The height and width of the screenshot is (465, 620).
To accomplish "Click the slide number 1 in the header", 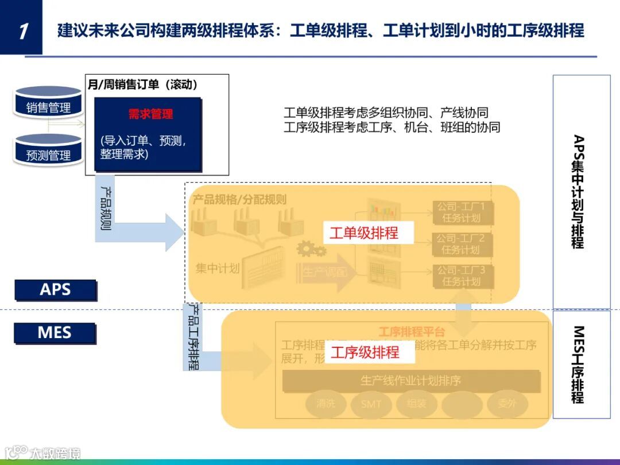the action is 22,30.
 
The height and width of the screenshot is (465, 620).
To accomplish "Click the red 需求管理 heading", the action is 150,114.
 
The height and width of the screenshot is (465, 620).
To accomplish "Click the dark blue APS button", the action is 55,290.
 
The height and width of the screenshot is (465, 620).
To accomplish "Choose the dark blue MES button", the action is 55,332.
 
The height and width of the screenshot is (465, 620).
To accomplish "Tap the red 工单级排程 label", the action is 363,233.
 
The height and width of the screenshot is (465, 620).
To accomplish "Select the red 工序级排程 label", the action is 365,352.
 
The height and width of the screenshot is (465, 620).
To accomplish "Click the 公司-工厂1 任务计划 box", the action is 461,212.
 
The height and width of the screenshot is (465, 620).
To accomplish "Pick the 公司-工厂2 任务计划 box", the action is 461,244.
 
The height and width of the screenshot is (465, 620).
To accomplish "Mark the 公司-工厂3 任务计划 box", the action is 461,276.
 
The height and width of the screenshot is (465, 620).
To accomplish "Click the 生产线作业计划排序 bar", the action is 411,381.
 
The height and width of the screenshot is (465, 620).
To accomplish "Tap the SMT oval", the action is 371,404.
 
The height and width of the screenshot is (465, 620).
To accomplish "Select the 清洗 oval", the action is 325,404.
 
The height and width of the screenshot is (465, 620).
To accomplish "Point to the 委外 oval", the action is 507,404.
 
